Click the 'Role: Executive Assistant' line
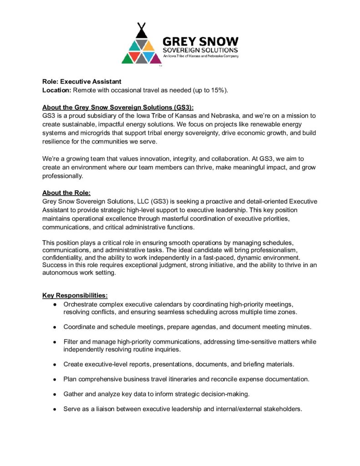coord(82,81)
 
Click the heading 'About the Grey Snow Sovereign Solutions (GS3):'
coord(118,107)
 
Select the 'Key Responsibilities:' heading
coord(75,295)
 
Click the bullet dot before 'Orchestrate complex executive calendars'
coord(55,304)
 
